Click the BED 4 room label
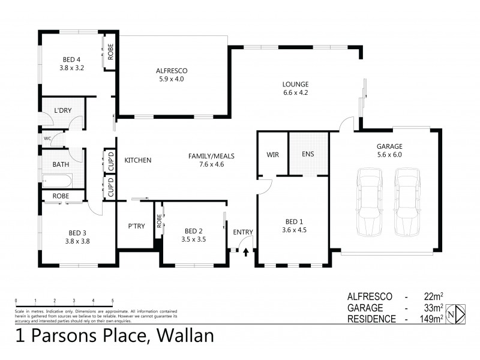click(x=71, y=59)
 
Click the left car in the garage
click(x=369, y=202)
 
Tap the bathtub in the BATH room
click(x=57, y=180)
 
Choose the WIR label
click(x=272, y=154)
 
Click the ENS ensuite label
click(x=308, y=154)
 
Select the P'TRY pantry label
click(x=134, y=226)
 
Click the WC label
click(x=47, y=138)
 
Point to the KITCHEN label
click(x=137, y=160)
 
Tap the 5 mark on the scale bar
click(x=112, y=299)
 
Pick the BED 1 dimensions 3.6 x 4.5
click(x=294, y=229)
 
